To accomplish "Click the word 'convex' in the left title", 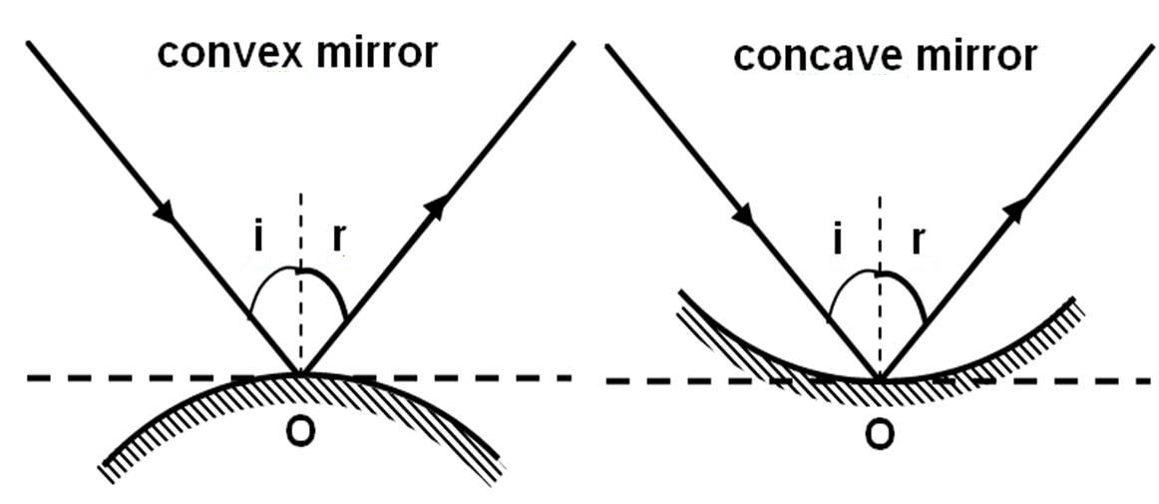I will coord(216,53).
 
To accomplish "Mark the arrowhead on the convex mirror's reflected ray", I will coord(435,207).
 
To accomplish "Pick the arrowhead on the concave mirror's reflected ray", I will coord(1015,208).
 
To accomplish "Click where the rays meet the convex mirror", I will coord(298,373).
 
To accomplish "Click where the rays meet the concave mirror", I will coord(879,378).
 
